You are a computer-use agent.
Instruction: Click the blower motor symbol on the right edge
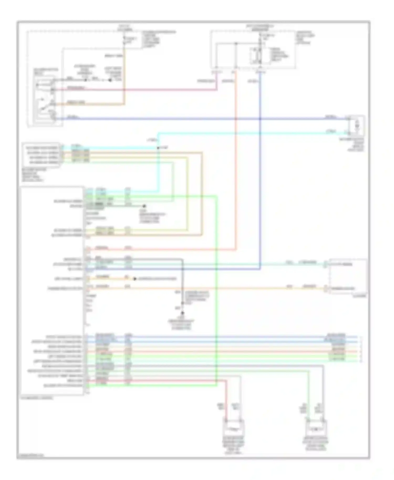tap(356, 126)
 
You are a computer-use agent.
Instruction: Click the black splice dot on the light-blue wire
tap(158, 148)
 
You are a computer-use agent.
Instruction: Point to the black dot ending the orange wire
tap(135, 279)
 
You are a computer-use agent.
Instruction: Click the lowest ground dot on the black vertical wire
tap(182, 313)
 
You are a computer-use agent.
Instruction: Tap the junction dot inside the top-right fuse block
tap(236, 44)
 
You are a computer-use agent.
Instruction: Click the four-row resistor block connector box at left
tap(42, 155)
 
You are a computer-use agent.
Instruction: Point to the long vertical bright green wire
tap(216, 289)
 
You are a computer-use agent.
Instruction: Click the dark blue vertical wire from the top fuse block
tap(260, 171)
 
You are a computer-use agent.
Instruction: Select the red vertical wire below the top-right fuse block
tap(236, 158)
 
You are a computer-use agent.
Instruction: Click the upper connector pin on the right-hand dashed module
tap(325, 264)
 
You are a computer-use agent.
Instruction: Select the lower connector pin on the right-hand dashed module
tap(325, 289)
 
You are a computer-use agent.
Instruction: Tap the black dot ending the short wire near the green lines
tap(144, 206)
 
